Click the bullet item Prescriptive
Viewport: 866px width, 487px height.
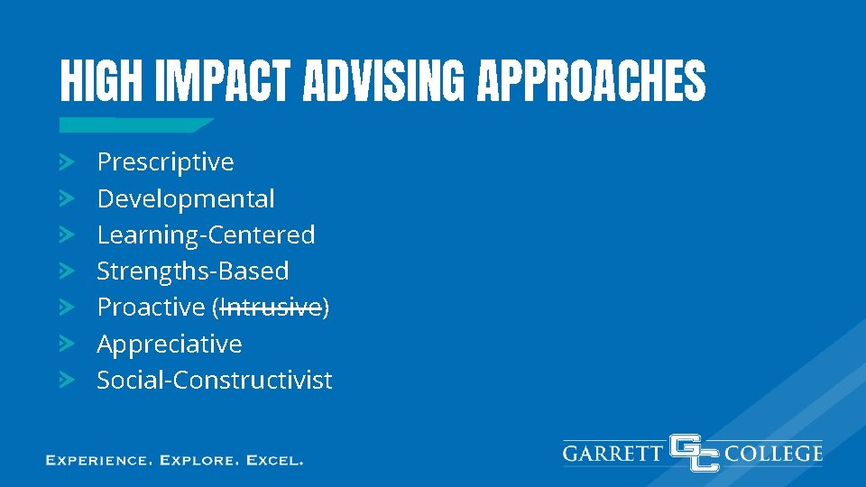coord(165,162)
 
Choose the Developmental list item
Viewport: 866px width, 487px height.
coord(186,198)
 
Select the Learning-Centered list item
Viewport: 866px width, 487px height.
coord(206,234)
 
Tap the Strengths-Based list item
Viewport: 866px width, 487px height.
coord(193,271)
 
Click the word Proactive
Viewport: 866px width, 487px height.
coord(151,308)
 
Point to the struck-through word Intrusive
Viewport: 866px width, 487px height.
coord(271,308)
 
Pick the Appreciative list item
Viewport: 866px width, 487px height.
coord(170,344)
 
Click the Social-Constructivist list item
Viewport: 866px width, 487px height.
coord(215,380)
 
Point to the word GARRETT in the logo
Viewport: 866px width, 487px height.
coord(613,453)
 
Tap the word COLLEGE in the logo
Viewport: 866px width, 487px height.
coord(774,453)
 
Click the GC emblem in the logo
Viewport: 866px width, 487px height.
coord(694,453)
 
